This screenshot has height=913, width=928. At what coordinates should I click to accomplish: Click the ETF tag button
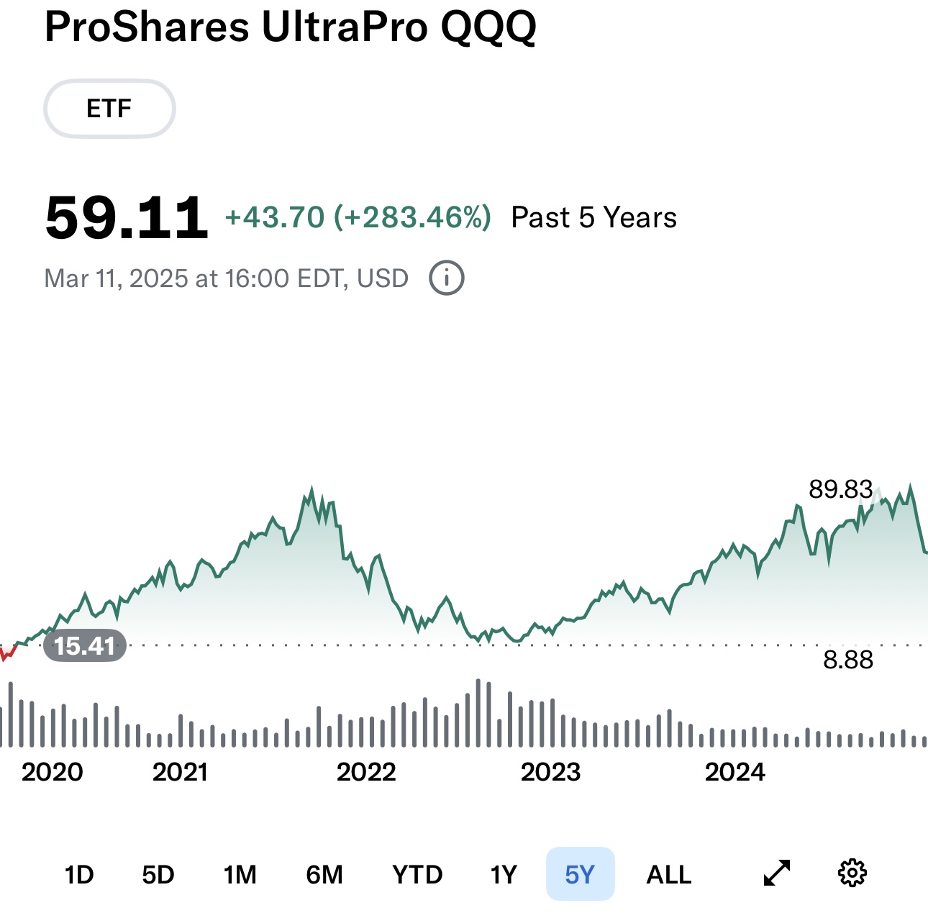click(109, 109)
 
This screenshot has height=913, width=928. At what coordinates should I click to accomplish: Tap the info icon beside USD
click(447, 278)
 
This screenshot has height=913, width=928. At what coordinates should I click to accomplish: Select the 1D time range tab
click(79, 875)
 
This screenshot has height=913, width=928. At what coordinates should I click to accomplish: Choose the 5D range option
click(158, 875)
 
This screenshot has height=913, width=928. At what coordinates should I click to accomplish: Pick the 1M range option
click(240, 875)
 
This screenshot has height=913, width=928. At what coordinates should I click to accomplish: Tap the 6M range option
click(324, 875)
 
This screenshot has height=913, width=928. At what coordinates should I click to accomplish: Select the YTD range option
click(417, 875)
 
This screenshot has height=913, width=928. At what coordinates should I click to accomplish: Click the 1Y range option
click(504, 875)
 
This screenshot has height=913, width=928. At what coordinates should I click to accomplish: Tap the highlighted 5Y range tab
click(580, 875)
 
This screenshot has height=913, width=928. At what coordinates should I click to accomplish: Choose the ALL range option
click(669, 875)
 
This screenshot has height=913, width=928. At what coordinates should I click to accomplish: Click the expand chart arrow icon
click(777, 873)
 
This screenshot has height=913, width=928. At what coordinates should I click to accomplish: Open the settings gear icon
click(852, 873)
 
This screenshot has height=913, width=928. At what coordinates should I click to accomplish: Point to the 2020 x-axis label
click(52, 772)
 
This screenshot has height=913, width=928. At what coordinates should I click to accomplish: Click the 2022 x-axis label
click(366, 772)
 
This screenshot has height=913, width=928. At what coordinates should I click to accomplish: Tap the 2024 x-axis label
click(734, 772)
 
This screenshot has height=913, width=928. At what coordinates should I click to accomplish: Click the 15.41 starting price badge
click(85, 645)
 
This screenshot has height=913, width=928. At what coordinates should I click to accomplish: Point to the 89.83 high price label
click(840, 489)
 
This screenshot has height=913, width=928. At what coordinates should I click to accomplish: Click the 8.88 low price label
click(848, 660)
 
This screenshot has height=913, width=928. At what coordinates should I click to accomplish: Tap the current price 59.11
click(127, 217)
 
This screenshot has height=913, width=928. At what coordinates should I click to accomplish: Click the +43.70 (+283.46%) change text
click(358, 217)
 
